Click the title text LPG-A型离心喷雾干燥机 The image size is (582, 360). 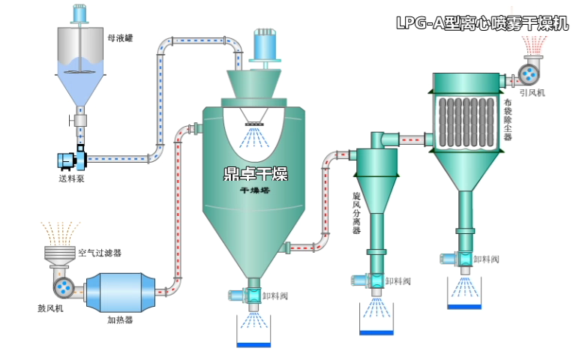(481, 23)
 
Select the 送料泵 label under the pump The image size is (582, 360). (71, 179)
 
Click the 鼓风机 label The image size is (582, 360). (50, 307)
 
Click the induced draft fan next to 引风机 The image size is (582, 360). (529, 73)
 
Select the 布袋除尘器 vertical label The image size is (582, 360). (508, 120)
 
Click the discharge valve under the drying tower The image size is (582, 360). (253, 295)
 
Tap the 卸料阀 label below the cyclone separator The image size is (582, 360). (397, 281)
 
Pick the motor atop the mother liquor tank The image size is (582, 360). (79, 13)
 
